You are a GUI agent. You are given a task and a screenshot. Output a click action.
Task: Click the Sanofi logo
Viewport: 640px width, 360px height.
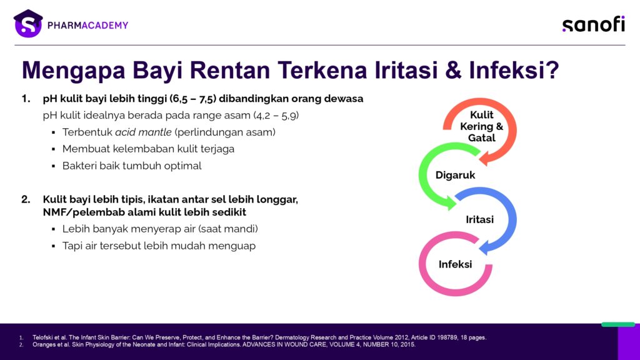[x=594, y=24]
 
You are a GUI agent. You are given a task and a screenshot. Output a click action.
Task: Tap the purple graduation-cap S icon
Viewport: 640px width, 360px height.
[x=27, y=24]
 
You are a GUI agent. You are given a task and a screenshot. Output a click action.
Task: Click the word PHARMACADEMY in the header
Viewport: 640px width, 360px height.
[x=87, y=25]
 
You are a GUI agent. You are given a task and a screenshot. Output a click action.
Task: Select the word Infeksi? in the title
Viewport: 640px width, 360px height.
[x=514, y=70]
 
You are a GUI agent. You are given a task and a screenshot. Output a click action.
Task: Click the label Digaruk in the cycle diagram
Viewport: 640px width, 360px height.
[x=455, y=175]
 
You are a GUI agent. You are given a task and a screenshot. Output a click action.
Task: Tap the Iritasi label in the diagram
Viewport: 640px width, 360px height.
[x=479, y=219]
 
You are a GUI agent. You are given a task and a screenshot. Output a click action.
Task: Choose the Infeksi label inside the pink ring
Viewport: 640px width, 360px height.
[x=455, y=264]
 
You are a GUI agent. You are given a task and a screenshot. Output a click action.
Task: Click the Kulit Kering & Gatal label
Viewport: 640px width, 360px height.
[x=482, y=126]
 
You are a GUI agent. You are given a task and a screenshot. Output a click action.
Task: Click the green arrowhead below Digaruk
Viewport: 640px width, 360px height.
[x=451, y=203]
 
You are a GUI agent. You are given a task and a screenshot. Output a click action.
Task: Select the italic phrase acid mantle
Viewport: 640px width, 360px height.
[x=143, y=132]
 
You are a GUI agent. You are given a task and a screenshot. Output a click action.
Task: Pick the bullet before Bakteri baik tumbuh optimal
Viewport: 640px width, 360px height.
[x=54, y=166]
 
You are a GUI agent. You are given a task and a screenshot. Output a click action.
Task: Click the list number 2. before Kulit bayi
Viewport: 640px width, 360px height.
[x=26, y=199]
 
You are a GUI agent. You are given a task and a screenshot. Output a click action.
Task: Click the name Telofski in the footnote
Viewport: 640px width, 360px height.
[x=43, y=337]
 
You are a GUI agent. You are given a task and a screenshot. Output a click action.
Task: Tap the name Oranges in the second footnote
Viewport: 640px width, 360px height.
[x=44, y=344]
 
